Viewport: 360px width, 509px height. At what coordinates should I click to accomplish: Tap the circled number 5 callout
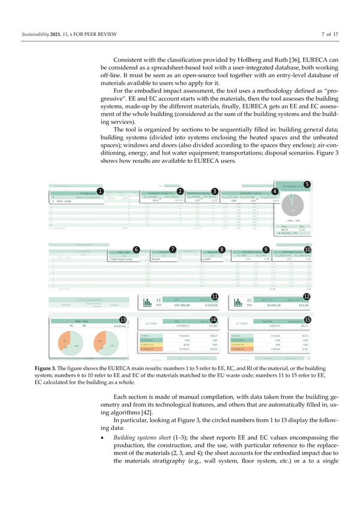pyautogui.click(x=307, y=184)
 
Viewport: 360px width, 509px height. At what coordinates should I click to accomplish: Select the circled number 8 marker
pyautogui.click(x=222, y=249)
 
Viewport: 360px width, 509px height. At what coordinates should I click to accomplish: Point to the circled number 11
pyautogui.click(x=214, y=297)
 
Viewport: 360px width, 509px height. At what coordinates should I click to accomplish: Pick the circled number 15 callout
pyautogui.click(x=307, y=320)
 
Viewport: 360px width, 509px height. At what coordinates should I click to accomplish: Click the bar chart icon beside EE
pyautogui.click(x=147, y=302)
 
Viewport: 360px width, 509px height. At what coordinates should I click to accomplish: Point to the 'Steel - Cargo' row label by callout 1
pyautogui.click(x=59, y=201)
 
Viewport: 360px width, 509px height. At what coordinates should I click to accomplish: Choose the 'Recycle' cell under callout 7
pyautogui.click(x=159, y=259)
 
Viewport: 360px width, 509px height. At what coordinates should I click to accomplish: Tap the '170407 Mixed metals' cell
pyautogui.click(x=122, y=259)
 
